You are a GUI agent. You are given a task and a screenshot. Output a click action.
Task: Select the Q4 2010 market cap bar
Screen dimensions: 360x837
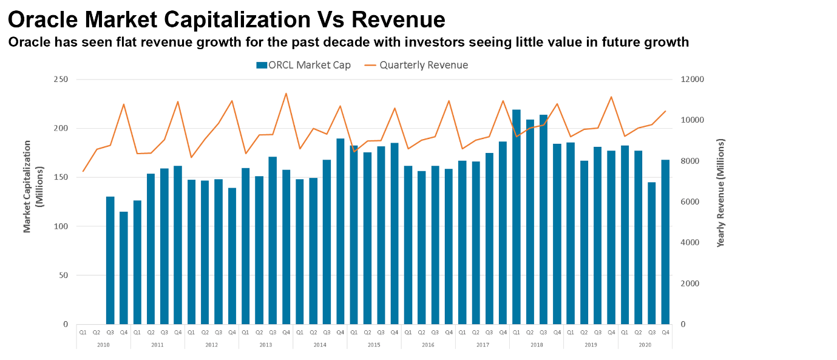pos(124,268)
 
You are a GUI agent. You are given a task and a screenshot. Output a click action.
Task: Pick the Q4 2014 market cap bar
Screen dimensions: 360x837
pos(341,231)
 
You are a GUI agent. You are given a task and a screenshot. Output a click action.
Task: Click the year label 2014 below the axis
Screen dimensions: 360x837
pos(319,344)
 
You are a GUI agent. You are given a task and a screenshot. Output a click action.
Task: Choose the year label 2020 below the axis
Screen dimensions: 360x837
pos(645,344)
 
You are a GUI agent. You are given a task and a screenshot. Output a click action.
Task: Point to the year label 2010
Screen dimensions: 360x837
pos(103,344)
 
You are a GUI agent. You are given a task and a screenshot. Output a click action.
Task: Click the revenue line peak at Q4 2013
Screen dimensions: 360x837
pos(286,93)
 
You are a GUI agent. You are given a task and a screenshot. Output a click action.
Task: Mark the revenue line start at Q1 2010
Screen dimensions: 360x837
pos(83,171)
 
